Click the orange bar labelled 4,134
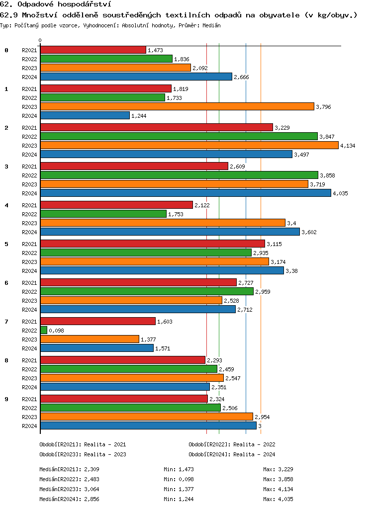(189, 145)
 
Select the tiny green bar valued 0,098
(44, 330)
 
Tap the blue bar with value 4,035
(186, 193)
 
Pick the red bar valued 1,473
(93, 50)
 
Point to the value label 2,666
(242, 77)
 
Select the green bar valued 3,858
(179, 175)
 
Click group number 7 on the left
(6, 322)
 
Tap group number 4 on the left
(6, 205)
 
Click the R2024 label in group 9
(29, 426)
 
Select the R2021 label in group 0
(29, 50)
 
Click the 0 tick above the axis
(40, 41)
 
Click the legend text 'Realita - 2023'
(105, 454)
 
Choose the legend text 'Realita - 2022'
(254, 444)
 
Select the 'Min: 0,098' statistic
(179, 479)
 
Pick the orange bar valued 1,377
(90, 339)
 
